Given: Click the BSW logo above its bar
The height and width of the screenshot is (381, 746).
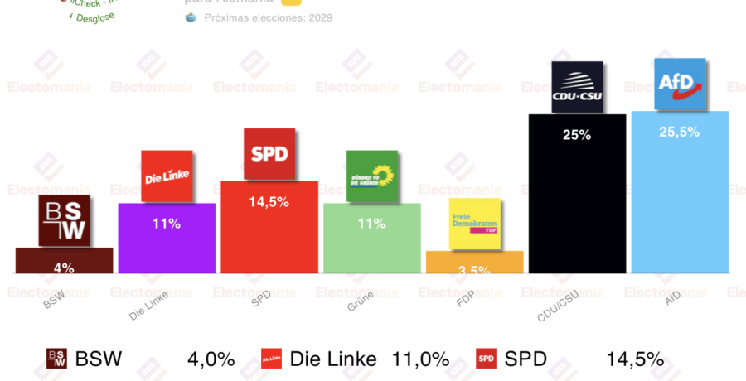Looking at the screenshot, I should click(64, 221).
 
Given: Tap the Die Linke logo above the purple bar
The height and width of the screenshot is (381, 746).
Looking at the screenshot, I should click(167, 176).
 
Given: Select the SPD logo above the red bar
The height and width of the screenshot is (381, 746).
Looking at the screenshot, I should click(269, 154).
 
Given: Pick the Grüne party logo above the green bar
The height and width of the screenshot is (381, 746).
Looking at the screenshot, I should click(372, 176).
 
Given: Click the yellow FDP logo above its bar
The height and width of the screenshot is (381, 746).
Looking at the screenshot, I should click(475, 224).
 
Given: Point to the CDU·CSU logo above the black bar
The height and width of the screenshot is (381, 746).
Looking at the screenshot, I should click(578, 86).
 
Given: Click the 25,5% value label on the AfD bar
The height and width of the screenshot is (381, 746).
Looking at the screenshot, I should click(680, 131).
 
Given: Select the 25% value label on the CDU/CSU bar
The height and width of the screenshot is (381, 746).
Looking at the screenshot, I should click(577, 134).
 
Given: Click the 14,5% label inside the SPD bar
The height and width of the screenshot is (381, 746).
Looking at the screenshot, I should click(269, 201).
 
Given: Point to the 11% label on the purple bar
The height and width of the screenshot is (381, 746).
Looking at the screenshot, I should click(167, 223).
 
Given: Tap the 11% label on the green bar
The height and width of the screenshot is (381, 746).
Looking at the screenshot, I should click(372, 223).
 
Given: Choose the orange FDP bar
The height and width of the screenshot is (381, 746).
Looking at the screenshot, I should click(475, 263).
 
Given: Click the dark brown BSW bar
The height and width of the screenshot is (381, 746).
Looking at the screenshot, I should click(64, 261).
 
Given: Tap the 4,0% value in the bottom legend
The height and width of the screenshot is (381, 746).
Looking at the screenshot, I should click(211, 359).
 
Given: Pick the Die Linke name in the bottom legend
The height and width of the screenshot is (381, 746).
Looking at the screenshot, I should click(333, 359).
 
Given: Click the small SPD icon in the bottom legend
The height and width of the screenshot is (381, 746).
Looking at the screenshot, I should click(486, 359).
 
